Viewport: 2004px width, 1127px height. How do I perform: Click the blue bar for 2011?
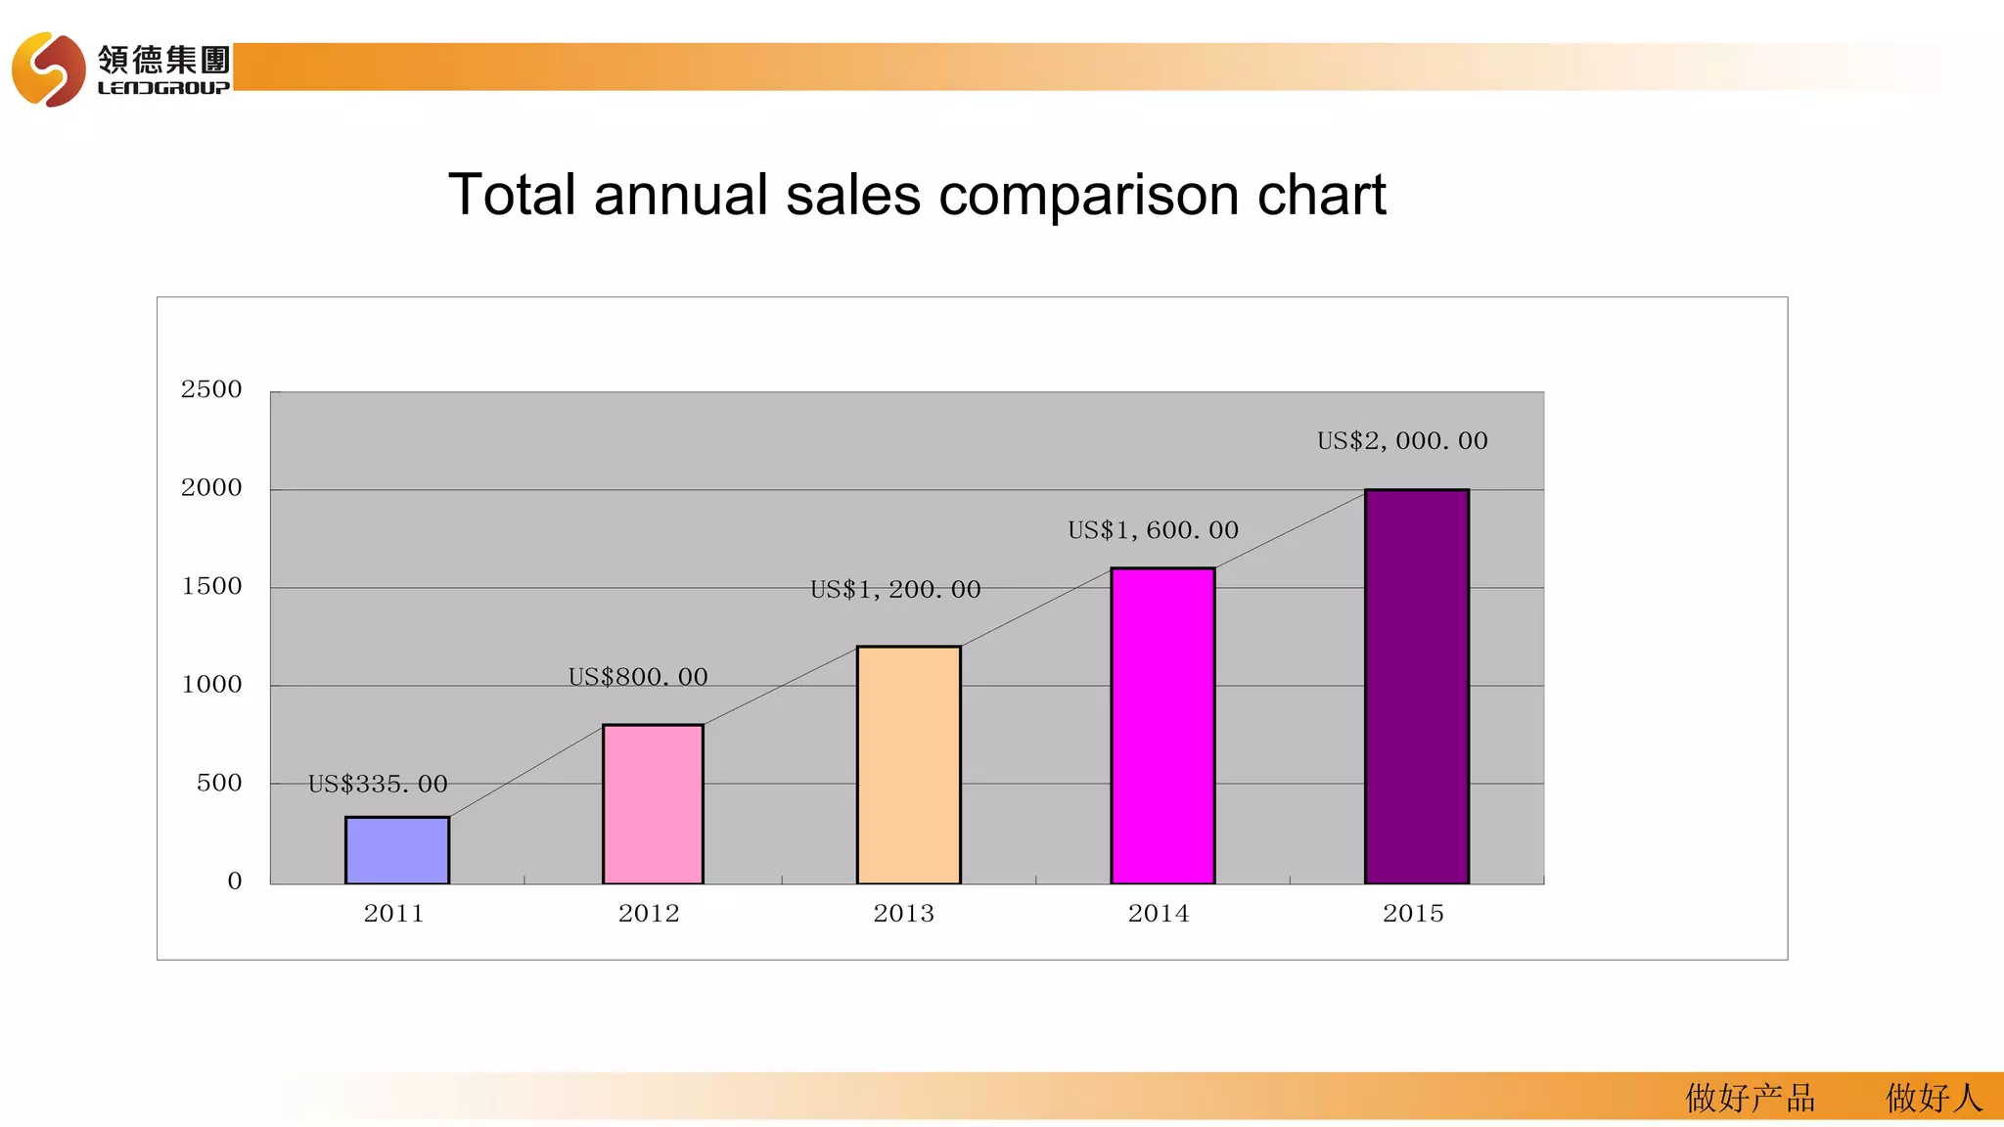coord(397,850)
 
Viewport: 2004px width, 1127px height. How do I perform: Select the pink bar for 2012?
coord(653,804)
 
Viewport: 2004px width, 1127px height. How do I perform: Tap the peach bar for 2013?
coord(908,765)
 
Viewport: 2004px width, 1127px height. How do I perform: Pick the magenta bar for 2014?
coord(1162,726)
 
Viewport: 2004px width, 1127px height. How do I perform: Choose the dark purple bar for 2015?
coord(1417,687)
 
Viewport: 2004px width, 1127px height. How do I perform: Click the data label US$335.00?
coord(378,784)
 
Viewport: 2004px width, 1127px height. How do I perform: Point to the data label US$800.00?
coord(638,677)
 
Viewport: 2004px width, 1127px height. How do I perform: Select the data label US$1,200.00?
coord(895,589)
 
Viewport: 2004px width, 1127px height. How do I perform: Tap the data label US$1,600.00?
coord(1153,530)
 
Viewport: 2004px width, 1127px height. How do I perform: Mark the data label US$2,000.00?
coord(1402,441)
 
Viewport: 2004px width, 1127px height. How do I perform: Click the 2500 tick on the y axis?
coord(211,389)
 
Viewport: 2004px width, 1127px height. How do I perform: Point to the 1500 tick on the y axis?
coord(211,586)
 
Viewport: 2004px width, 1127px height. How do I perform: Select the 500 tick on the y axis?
coord(219,783)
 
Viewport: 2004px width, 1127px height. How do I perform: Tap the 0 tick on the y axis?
coord(235,880)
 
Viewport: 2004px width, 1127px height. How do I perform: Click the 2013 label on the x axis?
coord(903,914)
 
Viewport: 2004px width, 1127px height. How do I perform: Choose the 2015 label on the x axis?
coord(1413,914)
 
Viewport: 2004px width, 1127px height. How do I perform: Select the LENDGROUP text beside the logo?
coord(163,88)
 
